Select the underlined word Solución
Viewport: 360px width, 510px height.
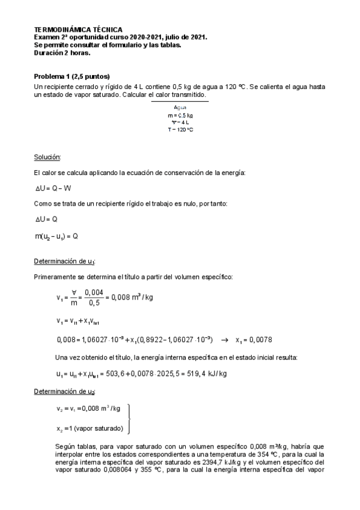pyautogui.click(x=47, y=158)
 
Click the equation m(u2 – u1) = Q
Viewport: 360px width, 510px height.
pyautogui.click(x=56, y=236)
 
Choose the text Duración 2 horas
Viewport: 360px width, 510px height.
pyautogui.click(x=63, y=53)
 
